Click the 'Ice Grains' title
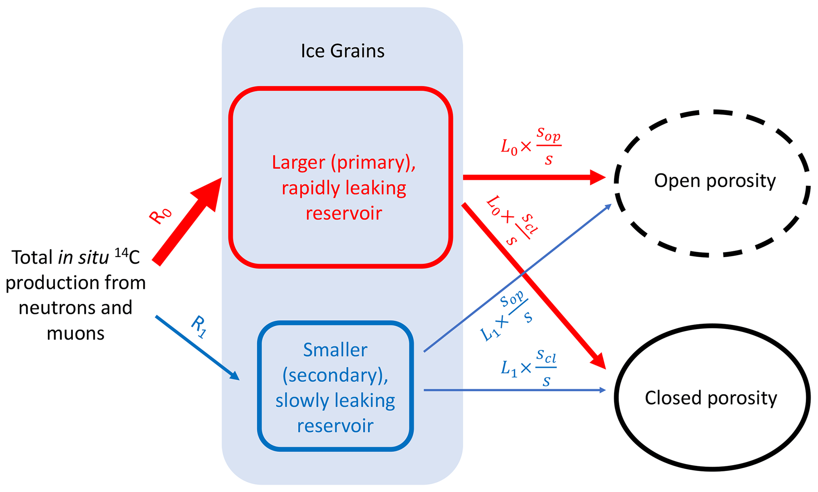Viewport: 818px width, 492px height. tap(342, 51)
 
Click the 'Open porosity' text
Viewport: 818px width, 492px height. tap(715, 181)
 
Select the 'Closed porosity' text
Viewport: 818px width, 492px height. tap(711, 398)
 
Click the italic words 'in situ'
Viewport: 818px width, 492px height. tap(84, 257)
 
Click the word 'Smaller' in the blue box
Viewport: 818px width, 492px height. tap(335, 350)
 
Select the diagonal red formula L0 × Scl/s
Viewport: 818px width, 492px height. tap(511, 220)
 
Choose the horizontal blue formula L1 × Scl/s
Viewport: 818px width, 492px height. tap(528, 368)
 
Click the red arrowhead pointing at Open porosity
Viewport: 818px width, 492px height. tap(597, 177)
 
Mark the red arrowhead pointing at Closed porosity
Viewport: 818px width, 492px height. tap(599, 361)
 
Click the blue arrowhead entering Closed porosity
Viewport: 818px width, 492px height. tap(602, 390)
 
